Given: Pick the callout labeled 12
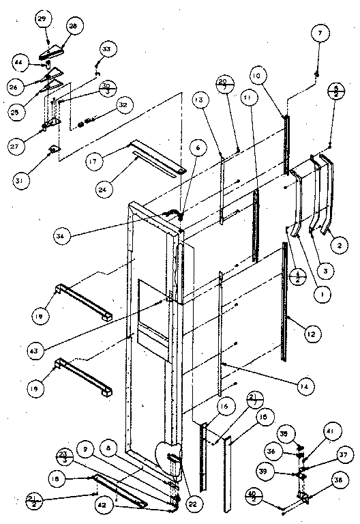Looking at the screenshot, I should pos(311,334).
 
